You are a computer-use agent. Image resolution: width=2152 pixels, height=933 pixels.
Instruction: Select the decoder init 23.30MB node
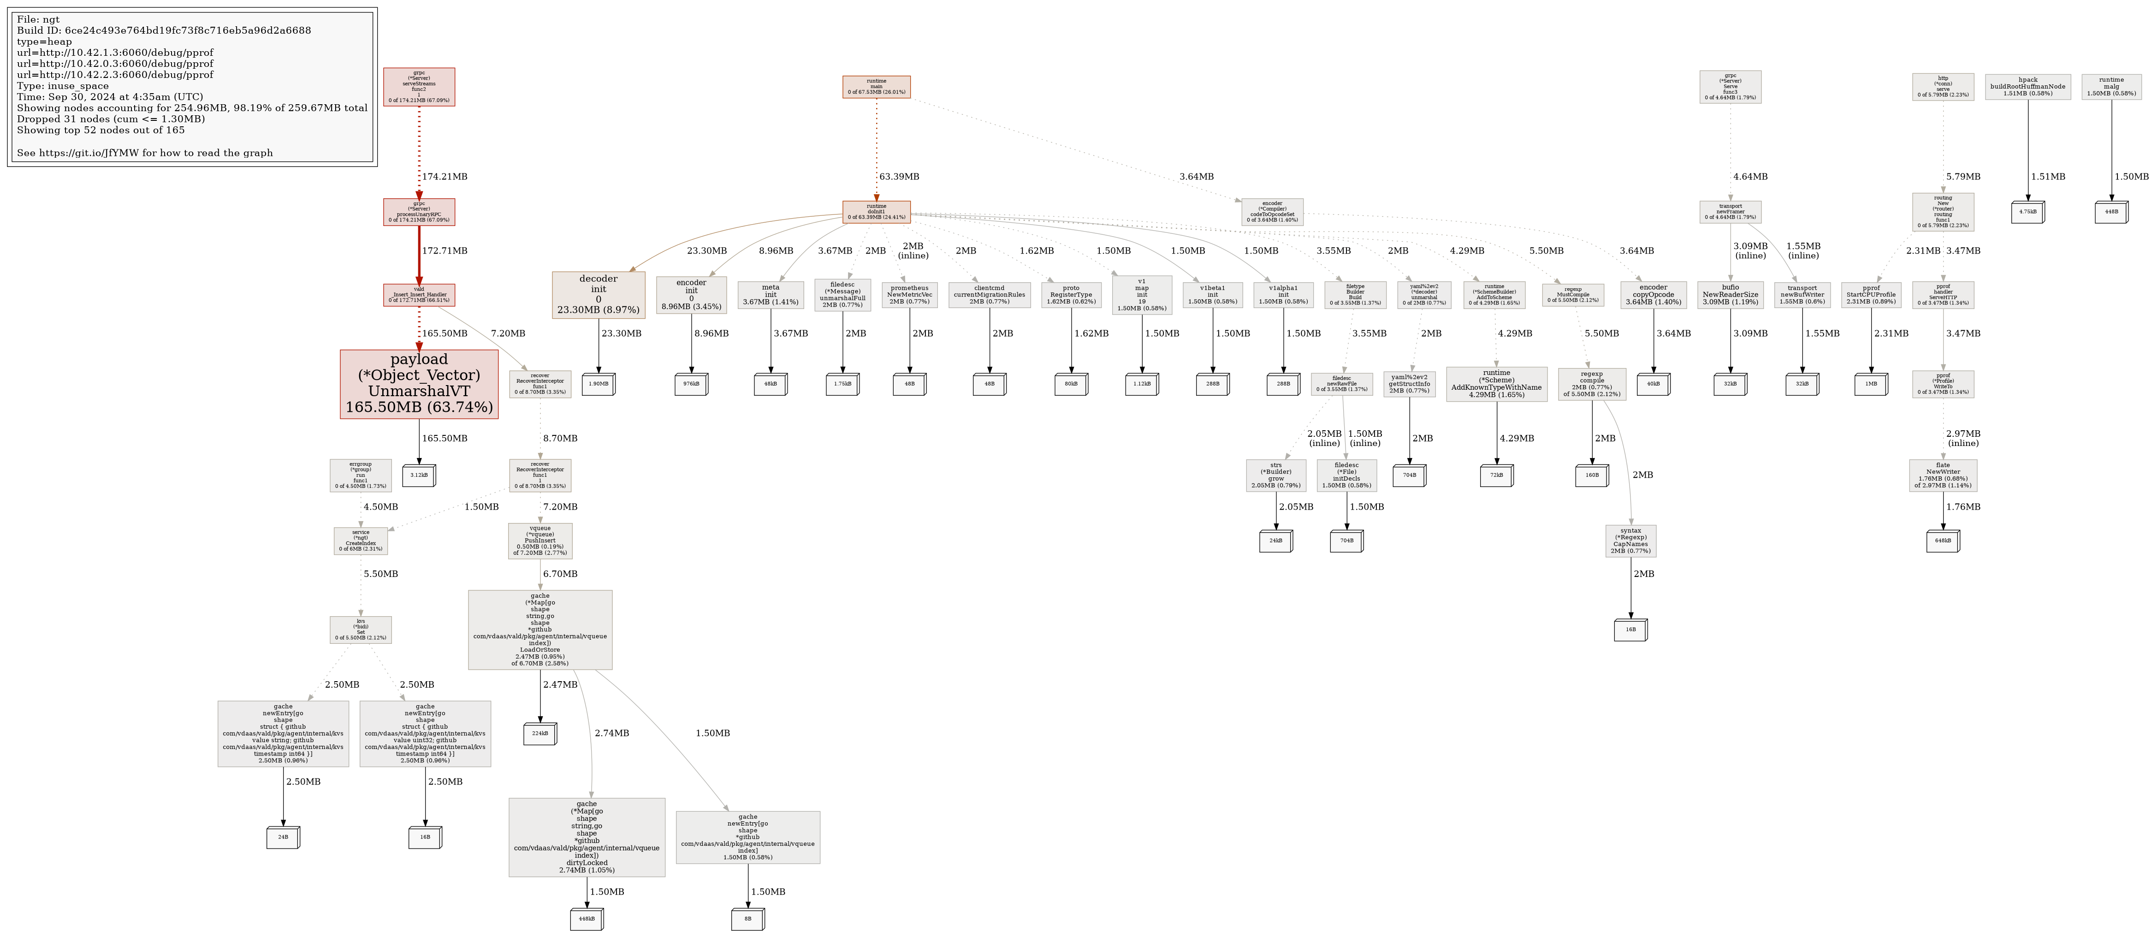pos(598,295)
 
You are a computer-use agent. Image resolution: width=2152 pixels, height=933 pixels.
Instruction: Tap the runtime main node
pos(876,87)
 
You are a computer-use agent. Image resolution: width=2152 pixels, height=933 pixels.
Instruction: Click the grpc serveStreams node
pos(419,87)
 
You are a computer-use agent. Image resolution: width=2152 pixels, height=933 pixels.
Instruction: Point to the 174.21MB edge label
pos(445,177)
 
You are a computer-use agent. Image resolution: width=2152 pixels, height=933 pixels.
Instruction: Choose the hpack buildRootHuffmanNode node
pos(2028,87)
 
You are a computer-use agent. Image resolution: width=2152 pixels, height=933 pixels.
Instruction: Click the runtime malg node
pos(2111,87)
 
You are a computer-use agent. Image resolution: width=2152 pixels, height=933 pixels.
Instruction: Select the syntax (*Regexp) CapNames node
pos(1630,541)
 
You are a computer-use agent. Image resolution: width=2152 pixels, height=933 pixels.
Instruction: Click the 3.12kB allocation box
pos(419,475)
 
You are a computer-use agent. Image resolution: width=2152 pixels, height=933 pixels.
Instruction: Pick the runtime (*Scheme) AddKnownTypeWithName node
pos(1496,384)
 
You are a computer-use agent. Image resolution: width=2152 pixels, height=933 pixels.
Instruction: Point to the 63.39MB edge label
pos(899,177)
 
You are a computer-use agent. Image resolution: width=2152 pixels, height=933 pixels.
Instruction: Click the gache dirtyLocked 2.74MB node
pos(587,837)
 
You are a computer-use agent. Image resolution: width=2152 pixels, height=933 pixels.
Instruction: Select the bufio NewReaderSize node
pos(1730,295)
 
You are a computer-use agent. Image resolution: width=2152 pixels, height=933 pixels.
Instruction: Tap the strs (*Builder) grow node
pos(1276,475)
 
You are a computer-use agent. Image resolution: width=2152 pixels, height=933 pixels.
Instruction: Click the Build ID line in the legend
pos(164,30)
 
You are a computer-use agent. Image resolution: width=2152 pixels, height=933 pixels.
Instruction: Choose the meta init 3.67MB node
pos(770,295)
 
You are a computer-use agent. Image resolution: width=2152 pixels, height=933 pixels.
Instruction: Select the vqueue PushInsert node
pos(539,541)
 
